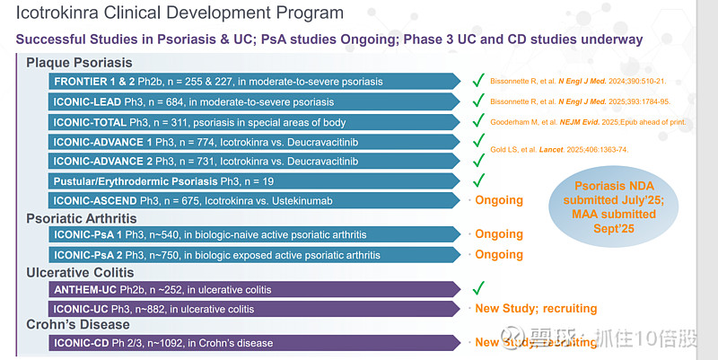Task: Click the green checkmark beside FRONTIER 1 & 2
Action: coord(478,82)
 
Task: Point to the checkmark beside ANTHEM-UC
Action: coord(478,288)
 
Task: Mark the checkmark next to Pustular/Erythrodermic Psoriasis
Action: coord(478,180)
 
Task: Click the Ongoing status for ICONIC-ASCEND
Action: coord(498,200)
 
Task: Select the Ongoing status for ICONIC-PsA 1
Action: coord(498,235)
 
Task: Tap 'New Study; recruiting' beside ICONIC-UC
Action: coord(535,309)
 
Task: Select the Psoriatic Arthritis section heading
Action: coord(83,218)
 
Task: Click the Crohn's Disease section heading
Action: coord(78,325)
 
